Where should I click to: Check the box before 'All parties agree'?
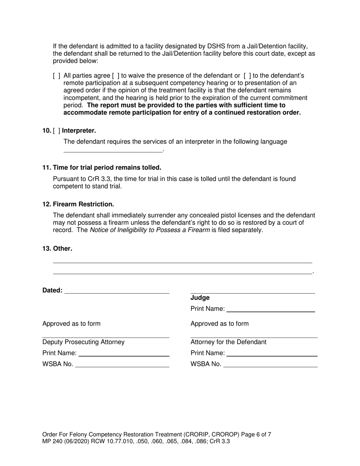pyautogui.click(x=57, y=76)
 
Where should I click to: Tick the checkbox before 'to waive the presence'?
pyautogui.click(x=116, y=76)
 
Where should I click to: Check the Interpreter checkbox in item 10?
pyautogui.click(x=57, y=131)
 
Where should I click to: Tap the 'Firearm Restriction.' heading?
pyautogui.click(x=83, y=204)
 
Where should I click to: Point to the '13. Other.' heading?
pyautogui.click(x=57, y=249)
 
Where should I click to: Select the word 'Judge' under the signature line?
pyautogui.click(x=200, y=298)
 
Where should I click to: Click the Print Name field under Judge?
pyautogui.click(x=271, y=309)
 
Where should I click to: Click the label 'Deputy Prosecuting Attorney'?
pyautogui.click(x=83, y=342)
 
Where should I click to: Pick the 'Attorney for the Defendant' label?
pyautogui.click(x=229, y=342)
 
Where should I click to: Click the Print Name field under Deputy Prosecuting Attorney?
pyautogui.click(x=124, y=353)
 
